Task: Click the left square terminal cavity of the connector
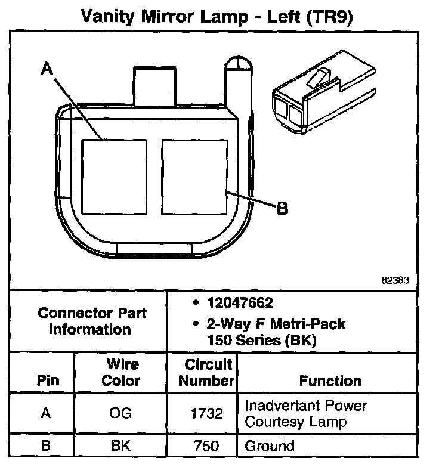pos(114,177)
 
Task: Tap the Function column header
pos(330,381)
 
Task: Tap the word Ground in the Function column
pos(270,446)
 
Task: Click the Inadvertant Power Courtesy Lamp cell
pos(305,414)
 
